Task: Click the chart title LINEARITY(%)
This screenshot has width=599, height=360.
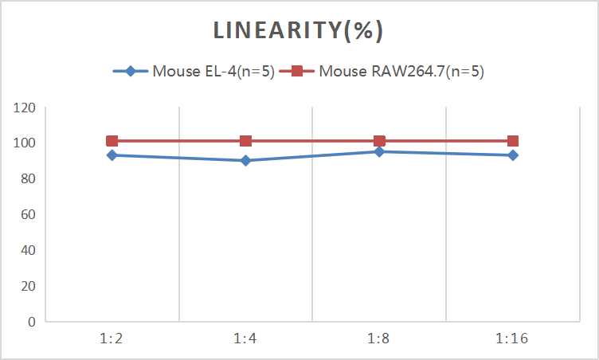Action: click(299, 30)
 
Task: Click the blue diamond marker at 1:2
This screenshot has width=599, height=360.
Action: click(112, 155)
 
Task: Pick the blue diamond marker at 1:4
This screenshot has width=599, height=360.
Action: click(245, 161)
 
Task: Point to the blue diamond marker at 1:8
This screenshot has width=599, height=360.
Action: click(379, 151)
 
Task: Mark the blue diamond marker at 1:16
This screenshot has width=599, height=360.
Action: click(513, 155)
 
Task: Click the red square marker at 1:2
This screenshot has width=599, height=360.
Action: click(112, 141)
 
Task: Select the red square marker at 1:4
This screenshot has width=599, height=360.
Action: click(245, 141)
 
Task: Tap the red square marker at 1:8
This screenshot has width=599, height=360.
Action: click(379, 141)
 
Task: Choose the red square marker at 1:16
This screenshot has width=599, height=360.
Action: click(513, 141)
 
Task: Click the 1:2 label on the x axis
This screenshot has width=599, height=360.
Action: click(112, 338)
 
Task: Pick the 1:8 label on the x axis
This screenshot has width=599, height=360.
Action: click(379, 338)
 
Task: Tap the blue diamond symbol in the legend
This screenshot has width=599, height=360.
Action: click(131, 71)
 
